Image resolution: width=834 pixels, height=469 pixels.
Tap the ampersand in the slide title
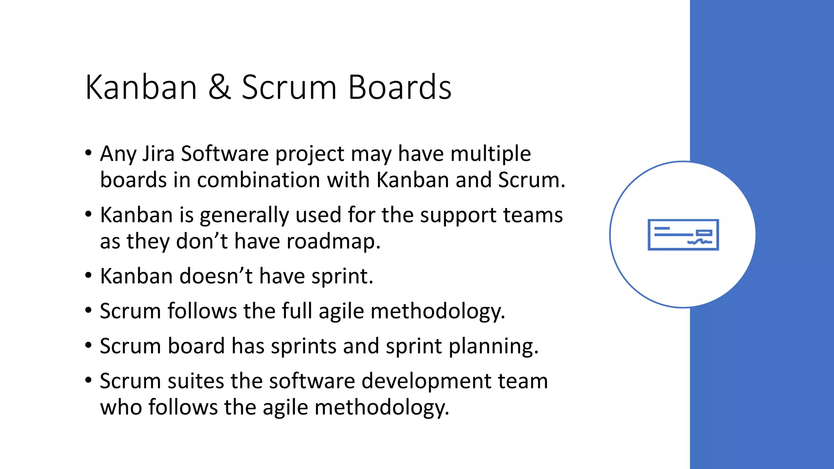click(219, 88)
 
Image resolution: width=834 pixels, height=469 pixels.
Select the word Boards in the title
click(399, 88)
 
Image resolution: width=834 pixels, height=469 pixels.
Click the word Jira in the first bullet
click(158, 154)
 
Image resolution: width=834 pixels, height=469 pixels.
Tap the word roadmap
click(333, 241)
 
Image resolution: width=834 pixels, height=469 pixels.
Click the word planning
click(494, 347)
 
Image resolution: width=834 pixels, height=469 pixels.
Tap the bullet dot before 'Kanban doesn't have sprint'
click(88, 276)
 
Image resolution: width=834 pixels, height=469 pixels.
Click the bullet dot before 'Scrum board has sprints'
click(88, 346)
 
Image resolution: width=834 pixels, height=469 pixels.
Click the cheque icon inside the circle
click(683, 234)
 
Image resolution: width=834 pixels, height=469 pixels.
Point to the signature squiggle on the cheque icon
click(700, 242)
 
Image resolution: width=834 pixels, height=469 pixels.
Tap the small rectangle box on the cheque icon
click(704, 233)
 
